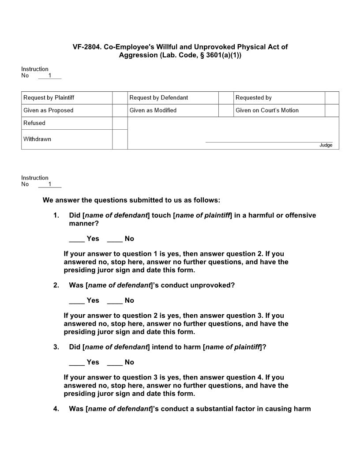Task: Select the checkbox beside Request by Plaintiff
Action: [120, 98]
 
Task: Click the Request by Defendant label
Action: [158, 98]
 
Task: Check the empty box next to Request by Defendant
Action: [226, 98]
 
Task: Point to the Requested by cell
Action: [253, 98]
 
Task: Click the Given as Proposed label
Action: [48, 110]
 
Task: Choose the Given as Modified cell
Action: [153, 110]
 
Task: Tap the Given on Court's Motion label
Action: [267, 110]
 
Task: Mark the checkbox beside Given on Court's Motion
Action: [332, 110]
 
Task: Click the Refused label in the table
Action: [34, 123]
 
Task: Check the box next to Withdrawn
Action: [120, 139]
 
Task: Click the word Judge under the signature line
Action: [326, 145]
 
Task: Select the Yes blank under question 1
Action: [77, 239]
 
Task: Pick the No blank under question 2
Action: [115, 301]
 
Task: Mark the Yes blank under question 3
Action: [77, 362]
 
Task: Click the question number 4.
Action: [56, 409]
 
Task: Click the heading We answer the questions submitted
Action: [131, 200]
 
